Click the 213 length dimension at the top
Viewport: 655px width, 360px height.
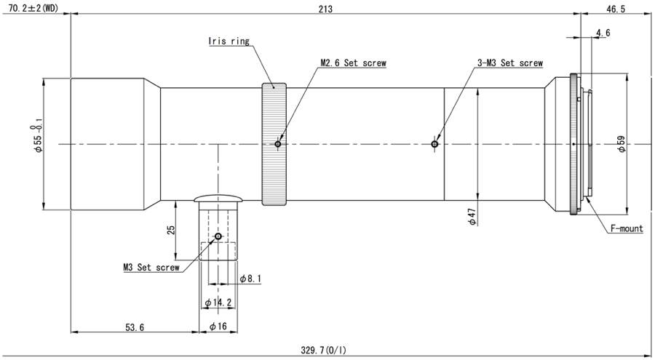pyautogui.click(x=325, y=9)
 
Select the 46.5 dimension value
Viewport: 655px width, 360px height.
pyautogui.click(x=616, y=9)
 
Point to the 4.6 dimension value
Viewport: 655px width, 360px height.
pyautogui.click(x=603, y=33)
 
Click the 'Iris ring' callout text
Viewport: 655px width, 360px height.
pyautogui.click(x=229, y=41)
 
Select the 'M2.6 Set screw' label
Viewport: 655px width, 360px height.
pyautogui.click(x=354, y=63)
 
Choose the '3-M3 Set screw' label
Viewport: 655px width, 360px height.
pyautogui.click(x=510, y=63)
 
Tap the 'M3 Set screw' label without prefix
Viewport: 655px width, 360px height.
pyautogui.click(x=151, y=268)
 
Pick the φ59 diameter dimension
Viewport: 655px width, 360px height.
pyautogui.click(x=622, y=144)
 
